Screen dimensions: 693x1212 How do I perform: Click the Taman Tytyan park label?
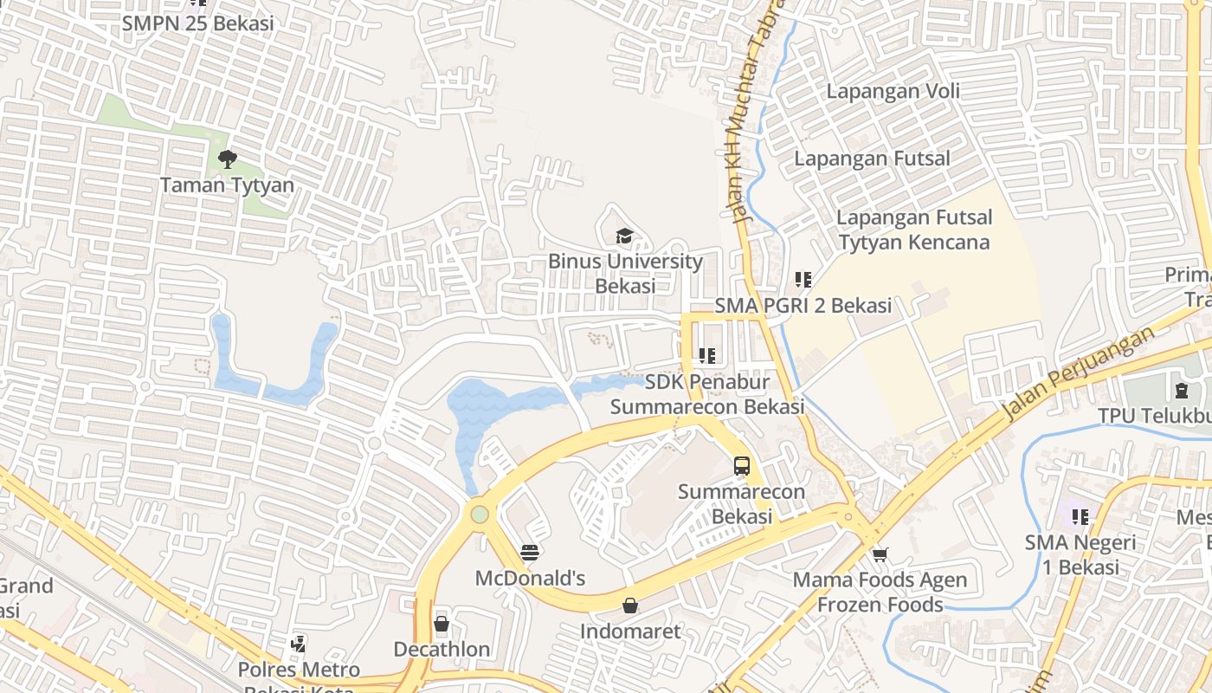click(227, 185)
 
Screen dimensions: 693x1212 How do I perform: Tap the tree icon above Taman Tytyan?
click(227, 159)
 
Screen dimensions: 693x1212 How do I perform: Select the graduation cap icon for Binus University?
click(624, 236)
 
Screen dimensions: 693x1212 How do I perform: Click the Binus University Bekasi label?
click(625, 273)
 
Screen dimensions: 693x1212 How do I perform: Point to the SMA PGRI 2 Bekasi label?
click(803, 306)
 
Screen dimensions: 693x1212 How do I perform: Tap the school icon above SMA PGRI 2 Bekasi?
click(803, 280)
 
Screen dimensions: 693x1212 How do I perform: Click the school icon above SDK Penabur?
click(707, 355)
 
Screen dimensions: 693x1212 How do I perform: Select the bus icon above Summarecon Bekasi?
click(742, 465)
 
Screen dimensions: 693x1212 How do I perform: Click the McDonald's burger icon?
click(530, 552)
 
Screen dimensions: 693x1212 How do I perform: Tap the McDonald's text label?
click(530, 578)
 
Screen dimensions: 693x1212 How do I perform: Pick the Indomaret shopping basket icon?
click(630, 606)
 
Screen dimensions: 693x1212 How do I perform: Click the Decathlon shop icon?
click(442, 624)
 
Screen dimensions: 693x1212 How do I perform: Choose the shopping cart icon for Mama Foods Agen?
click(880, 554)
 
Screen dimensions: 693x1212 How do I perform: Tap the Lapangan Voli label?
click(893, 91)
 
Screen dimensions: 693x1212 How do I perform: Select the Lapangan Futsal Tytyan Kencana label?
click(914, 230)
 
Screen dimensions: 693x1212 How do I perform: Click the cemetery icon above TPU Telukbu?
click(1182, 390)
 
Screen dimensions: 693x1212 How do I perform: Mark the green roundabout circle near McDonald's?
click(480, 515)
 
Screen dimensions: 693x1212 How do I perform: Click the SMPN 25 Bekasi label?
click(197, 23)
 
